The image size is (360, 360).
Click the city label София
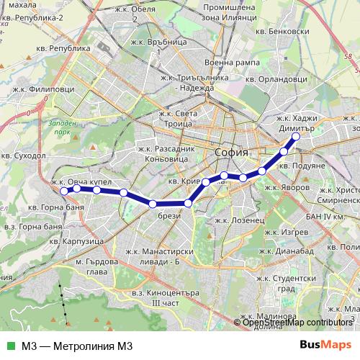click(232, 153)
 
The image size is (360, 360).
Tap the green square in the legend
click(9, 345)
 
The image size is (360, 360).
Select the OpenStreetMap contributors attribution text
click(297, 323)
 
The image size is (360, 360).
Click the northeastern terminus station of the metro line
click(295, 135)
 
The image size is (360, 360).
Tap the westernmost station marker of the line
click(63, 191)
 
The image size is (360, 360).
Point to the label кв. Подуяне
click(302, 166)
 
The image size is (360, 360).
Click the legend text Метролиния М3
click(77, 345)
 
